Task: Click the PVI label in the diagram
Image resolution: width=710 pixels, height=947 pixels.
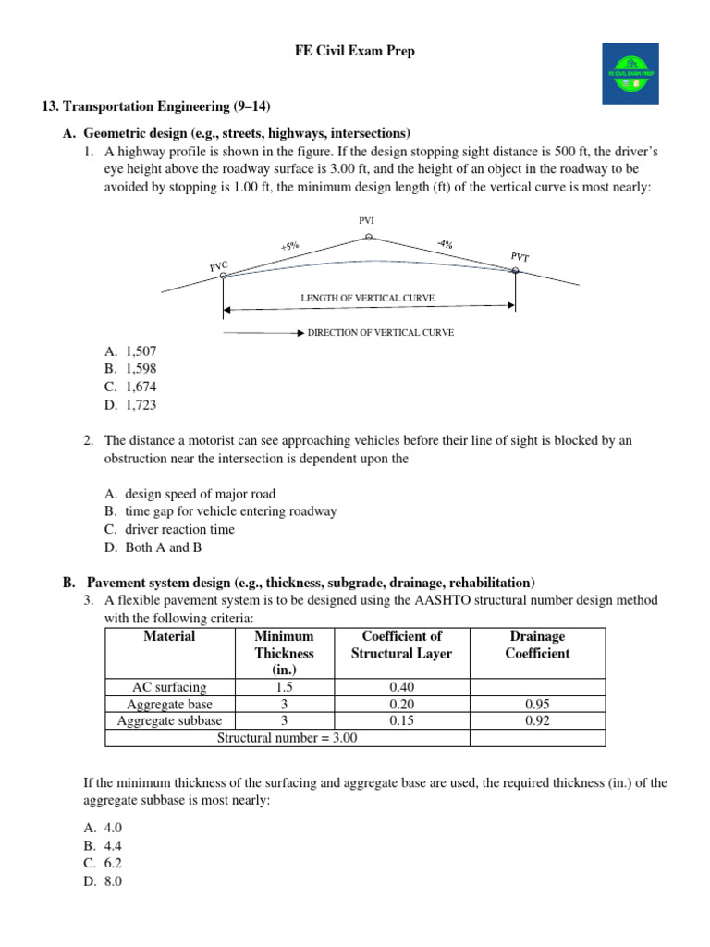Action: point(367,220)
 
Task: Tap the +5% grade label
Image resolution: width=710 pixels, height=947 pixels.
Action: point(289,247)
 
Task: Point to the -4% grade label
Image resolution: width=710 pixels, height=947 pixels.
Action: point(445,244)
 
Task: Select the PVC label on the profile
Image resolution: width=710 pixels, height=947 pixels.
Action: point(218,265)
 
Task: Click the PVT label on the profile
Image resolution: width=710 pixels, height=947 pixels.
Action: point(520,256)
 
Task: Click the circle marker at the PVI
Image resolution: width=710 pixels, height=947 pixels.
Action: point(368,238)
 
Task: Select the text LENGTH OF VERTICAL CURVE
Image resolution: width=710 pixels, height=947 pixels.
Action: point(367,299)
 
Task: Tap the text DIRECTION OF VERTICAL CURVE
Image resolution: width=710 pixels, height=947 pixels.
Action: point(380,332)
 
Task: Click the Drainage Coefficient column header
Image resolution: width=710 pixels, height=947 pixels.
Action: point(537,645)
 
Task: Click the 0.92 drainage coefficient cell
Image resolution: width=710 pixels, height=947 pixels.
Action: point(537,720)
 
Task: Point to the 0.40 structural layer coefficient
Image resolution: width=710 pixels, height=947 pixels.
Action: point(401,687)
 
